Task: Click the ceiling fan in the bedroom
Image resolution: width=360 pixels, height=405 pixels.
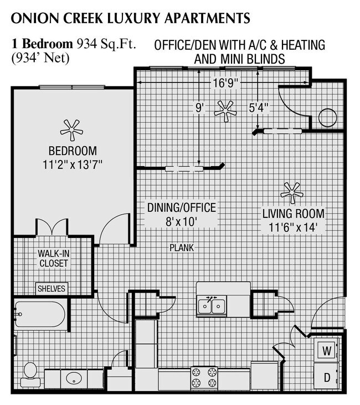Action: pyautogui.click(x=71, y=131)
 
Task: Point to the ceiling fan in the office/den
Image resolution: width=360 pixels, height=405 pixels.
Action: pyautogui.click(x=225, y=111)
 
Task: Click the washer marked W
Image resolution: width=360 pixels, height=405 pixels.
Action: pyautogui.click(x=327, y=351)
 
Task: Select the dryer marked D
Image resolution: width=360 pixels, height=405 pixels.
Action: pyautogui.click(x=327, y=378)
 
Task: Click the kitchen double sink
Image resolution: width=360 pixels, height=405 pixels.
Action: pyautogui.click(x=212, y=305)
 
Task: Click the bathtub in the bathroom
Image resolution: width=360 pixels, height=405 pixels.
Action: pyautogui.click(x=40, y=314)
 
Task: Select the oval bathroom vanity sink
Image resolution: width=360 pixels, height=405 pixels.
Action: pyautogui.click(x=73, y=378)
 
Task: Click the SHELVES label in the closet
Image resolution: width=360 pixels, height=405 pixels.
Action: pyautogui.click(x=52, y=288)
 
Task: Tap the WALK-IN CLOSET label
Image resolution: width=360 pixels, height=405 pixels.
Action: pyautogui.click(x=53, y=258)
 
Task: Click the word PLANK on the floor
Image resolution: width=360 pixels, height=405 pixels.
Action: pyautogui.click(x=182, y=248)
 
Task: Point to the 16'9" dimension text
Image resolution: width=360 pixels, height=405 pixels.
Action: pyautogui.click(x=225, y=84)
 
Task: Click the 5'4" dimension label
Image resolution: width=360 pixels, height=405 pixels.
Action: pyautogui.click(x=259, y=108)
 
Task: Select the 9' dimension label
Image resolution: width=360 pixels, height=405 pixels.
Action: pyautogui.click(x=199, y=108)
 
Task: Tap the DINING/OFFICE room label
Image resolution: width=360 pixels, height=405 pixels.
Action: pyautogui.click(x=182, y=208)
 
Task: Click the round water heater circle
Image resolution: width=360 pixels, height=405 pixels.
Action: pyautogui.click(x=327, y=118)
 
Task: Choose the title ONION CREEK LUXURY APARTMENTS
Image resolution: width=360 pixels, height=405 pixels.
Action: pyautogui.click(x=131, y=18)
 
